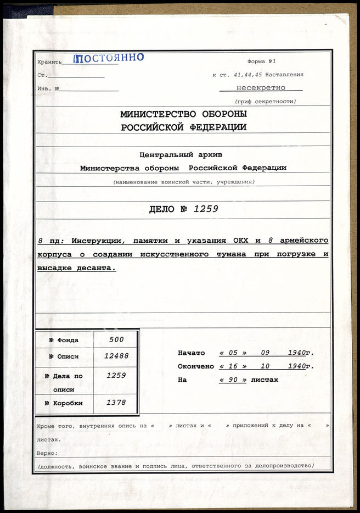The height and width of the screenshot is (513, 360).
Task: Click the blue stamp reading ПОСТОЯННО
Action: pos(109,58)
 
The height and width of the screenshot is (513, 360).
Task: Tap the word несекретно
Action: pos(261,87)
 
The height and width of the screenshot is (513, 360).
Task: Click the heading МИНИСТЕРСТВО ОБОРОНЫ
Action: pos(183,114)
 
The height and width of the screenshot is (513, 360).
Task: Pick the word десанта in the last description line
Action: pos(97,268)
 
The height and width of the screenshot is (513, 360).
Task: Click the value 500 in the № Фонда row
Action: pos(116,339)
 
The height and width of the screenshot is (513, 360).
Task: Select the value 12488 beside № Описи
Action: pos(116,356)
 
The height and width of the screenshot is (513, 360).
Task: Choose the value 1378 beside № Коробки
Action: pos(116,403)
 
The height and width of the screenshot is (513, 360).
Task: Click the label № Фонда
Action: pos(64,340)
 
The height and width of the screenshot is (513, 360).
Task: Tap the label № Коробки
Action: pos(64,403)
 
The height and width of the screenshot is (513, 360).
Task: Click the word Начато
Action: pos(191,353)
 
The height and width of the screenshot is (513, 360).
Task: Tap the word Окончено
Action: pos(195,366)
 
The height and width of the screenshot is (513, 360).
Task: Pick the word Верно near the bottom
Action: pos(47,453)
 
